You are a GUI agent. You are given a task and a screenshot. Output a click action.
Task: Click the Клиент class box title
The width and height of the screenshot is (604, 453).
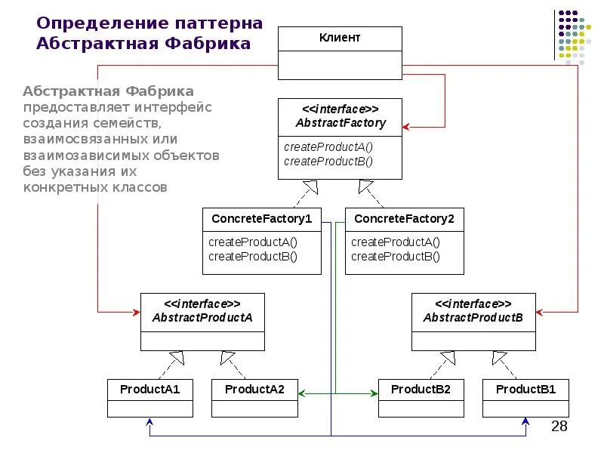click(x=340, y=38)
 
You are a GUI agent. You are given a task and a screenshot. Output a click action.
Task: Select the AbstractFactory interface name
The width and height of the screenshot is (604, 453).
click(x=340, y=123)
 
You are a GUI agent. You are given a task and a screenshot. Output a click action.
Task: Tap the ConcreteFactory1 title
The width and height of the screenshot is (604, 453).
click(x=261, y=219)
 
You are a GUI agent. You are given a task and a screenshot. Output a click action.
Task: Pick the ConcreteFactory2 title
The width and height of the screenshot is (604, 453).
click(x=404, y=219)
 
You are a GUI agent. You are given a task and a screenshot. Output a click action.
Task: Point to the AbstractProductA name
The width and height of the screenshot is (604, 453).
click(x=202, y=318)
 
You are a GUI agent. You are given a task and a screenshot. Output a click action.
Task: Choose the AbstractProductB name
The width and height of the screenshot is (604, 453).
click(x=473, y=318)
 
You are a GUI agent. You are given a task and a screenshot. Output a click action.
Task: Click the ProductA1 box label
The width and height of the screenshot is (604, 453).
click(x=149, y=390)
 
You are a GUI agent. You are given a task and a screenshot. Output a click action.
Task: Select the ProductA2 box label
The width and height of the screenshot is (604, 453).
click(x=254, y=390)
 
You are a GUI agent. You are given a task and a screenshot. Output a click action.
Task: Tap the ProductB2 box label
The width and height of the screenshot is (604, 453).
click(x=421, y=390)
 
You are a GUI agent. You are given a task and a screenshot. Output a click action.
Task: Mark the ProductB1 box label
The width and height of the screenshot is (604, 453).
click(x=525, y=390)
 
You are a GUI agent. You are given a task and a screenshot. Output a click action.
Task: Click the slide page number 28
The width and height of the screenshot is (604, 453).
click(x=559, y=427)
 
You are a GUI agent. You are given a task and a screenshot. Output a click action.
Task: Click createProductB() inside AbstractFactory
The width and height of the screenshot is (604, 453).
click(x=328, y=161)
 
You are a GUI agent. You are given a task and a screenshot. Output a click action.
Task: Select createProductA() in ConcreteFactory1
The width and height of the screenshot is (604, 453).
click(x=253, y=242)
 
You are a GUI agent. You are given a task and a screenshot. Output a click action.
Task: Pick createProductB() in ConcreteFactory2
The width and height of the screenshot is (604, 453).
click(x=395, y=256)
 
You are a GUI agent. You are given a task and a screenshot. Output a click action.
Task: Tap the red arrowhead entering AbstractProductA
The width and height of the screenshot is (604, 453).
click(x=137, y=310)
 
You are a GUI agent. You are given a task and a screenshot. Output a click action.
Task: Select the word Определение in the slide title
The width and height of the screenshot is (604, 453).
click(x=91, y=23)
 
